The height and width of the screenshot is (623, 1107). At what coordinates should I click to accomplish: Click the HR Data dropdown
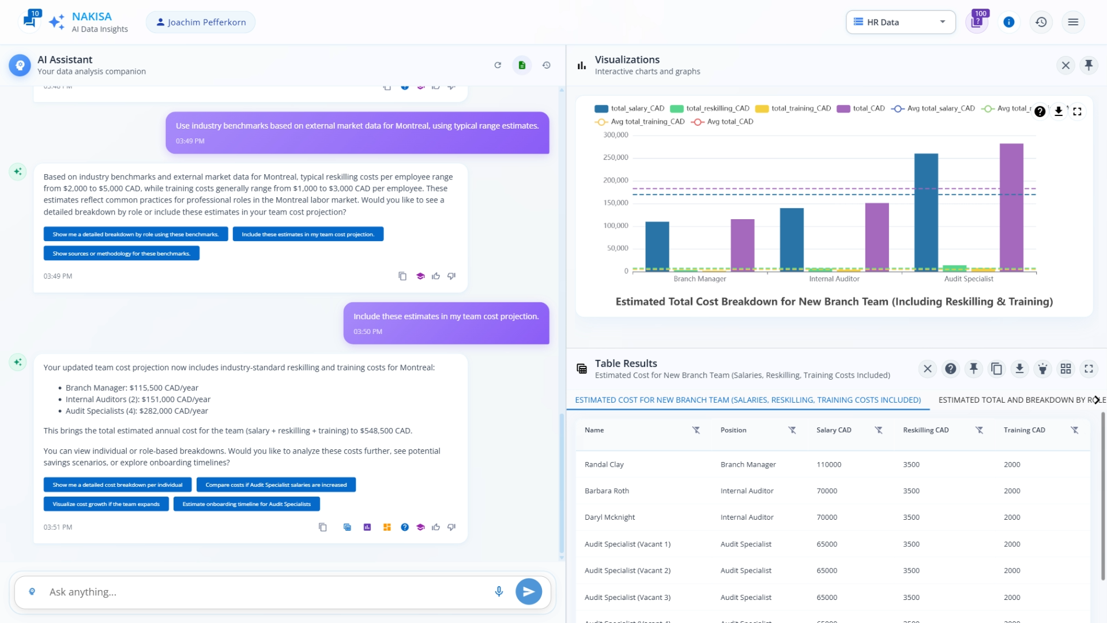pyautogui.click(x=900, y=22)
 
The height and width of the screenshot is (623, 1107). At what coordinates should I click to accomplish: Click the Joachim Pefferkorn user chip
pyautogui.click(x=201, y=22)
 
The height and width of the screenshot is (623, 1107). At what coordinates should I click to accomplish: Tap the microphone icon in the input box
pyautogui.click(x=499, y=591)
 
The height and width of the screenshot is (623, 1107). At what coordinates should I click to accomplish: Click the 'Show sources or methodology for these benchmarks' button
pyautogui.click(x=121, y=253)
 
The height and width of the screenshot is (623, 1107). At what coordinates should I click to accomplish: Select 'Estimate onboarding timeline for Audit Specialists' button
pyautogui.click(x=246, y=504)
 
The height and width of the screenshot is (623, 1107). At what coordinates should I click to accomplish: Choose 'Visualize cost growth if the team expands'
pyautogui.click(x=106, y=504)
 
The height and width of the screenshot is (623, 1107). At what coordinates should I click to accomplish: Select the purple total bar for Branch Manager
pyautogui.click(x=742, y=245)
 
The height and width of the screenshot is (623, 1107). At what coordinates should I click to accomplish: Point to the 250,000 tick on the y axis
pyautogui.click(x=615, y=157)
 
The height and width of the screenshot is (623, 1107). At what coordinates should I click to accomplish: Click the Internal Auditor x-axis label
pyautogui.click(x=834, y=279)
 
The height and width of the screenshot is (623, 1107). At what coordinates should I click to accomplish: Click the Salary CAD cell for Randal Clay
pyautogui.click(x=829, y=464)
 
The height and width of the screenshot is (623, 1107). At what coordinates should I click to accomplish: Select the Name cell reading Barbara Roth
pyautogui.click(x=607, y=491)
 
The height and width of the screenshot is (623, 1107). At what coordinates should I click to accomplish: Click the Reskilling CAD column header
pyautogui.click(x=925, y=430)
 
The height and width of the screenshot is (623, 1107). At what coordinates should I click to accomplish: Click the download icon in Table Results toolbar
pyautogui.click(x=1019, y=369)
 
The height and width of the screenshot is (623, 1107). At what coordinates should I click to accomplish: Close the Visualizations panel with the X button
pyautogui.click(x=1065, y=65)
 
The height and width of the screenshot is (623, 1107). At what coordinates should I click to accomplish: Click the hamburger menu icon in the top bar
pyautogui.click(x=1073, y=22)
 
